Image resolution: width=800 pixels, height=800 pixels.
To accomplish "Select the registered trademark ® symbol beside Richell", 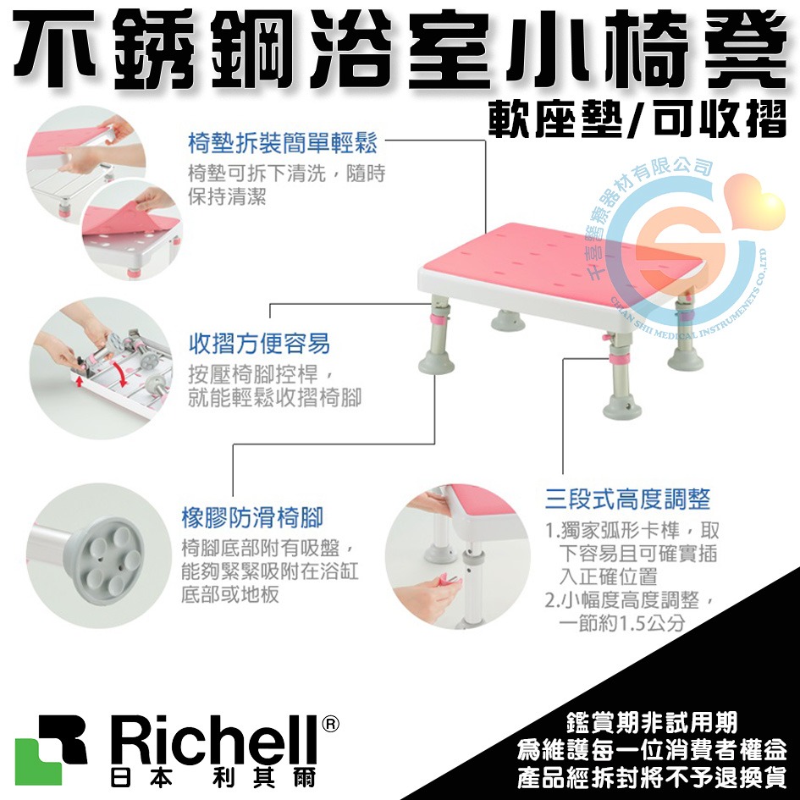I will click(x=331, y=725).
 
